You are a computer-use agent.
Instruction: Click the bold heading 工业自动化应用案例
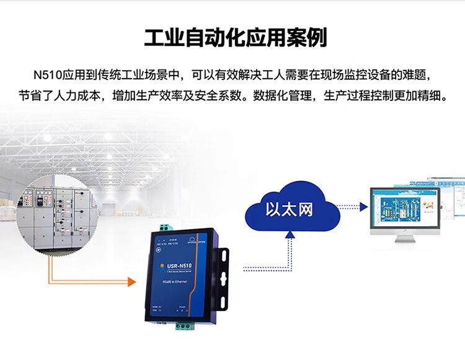tap(235, 38)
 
